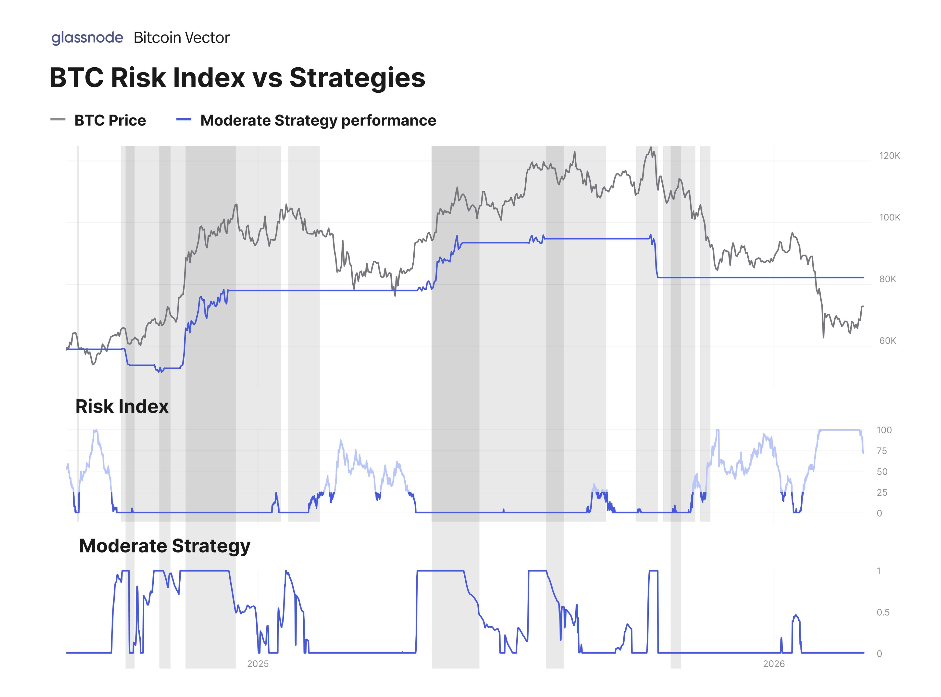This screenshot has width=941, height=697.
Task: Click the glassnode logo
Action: [x=87, y=38]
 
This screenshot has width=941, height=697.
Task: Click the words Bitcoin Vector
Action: [x=181, y=38]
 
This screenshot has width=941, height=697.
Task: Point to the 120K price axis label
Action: [x=889, y=156]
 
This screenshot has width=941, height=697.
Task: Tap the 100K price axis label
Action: [x=889, y=217]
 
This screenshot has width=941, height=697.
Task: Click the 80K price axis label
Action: [x=887, y=279]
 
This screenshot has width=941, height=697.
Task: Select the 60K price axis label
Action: [x=887, y=341]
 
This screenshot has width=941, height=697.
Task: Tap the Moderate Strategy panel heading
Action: [x=165, y=546]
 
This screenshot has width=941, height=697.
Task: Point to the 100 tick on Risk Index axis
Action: [x=884, y=430]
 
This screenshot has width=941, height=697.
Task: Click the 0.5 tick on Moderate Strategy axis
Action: [x=882, y=612]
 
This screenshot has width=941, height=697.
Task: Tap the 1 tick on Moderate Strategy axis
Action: [x=879, y=571]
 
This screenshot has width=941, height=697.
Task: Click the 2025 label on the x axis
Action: [x=258, y=664]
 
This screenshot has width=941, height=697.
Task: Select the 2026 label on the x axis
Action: [x=773, y=664]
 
